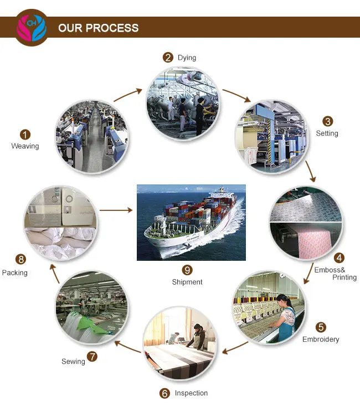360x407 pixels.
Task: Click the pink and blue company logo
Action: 32,27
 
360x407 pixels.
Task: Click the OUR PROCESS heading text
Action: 98,28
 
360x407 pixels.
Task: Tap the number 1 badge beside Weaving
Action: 25,135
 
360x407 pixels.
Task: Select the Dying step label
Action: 187,58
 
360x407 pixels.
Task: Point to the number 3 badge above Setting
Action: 328,121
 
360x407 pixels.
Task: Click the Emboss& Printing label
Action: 336,274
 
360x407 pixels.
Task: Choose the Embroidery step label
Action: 321,339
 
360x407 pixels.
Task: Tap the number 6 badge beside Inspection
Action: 164,393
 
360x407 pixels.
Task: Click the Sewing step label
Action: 73,362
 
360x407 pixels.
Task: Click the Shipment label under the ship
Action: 187,282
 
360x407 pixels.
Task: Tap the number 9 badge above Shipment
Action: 187,270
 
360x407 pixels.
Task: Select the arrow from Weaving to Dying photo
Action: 128,95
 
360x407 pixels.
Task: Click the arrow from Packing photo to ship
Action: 116,210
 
